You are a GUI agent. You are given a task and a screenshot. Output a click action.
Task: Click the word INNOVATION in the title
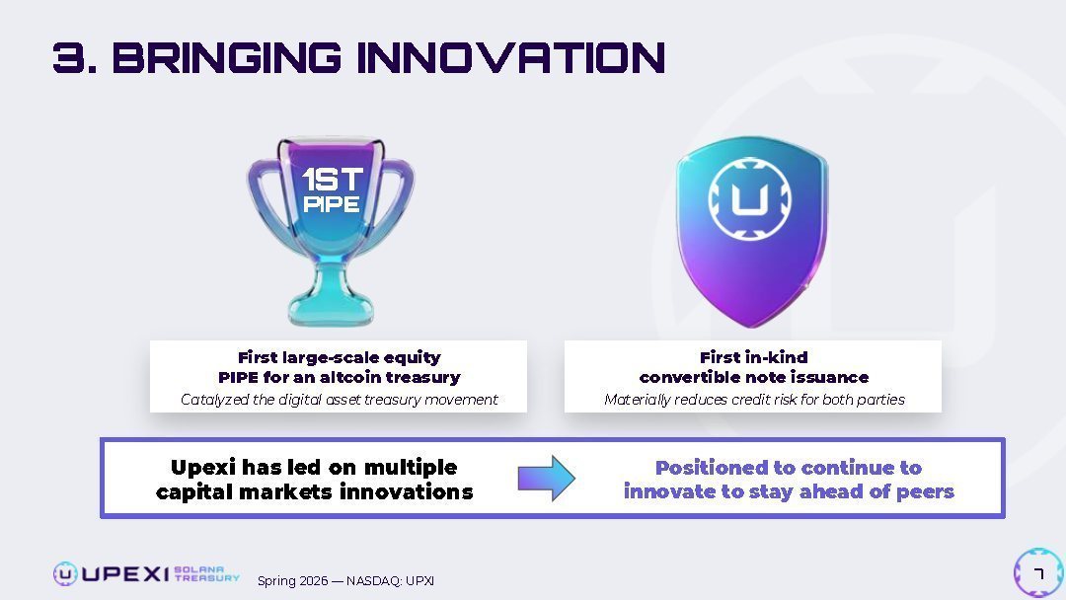click(x=510, y=57)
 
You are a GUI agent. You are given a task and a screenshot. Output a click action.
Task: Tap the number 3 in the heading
click(x=70, y=57)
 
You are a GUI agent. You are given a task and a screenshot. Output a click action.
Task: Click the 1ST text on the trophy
click(x=333, y=180)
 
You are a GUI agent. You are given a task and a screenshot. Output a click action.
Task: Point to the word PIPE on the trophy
click(x=331, y=204)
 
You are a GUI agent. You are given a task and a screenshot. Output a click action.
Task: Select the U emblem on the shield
click(x=749, y=198)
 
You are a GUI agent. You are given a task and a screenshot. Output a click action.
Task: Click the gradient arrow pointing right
click(x=547, y=479)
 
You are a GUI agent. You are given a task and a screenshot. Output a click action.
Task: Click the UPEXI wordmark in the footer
click(x=125, y=574)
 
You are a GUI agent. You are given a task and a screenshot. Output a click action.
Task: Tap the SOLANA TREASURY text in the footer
click(x=206, y=574)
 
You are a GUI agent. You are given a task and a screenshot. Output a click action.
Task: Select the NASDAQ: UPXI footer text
click(x=390, y=581)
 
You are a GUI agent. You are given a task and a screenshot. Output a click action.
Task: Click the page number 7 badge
click(x=1038, y=573)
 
